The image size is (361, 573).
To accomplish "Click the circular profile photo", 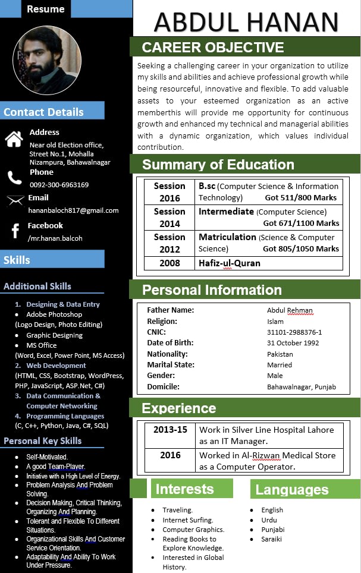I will pos(48,61).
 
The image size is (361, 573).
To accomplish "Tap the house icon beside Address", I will pos(14,139).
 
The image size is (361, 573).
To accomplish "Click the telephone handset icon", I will pos(14,178).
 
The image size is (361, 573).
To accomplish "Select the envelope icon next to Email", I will pos(15,201).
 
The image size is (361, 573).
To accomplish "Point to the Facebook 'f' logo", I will pos(15,231).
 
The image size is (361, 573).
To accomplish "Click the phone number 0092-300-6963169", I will pos(59,185).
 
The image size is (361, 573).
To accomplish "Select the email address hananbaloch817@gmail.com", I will pos(73,210).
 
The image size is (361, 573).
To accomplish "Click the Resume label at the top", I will pos(46,9).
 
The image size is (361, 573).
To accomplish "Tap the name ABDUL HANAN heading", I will pos(246,21).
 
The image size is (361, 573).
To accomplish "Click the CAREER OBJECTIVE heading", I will pos(213,48).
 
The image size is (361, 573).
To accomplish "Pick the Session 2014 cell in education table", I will pos(169,218).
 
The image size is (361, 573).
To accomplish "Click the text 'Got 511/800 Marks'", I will pos(301,198).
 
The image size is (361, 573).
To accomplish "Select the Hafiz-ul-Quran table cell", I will pos(230,263).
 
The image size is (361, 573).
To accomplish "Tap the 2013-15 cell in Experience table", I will pos(169,430).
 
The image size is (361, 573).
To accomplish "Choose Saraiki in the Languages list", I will pos(271,539).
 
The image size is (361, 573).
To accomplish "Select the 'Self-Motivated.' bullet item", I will pos(47,457).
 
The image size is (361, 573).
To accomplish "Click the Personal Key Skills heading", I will pos(43,441).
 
